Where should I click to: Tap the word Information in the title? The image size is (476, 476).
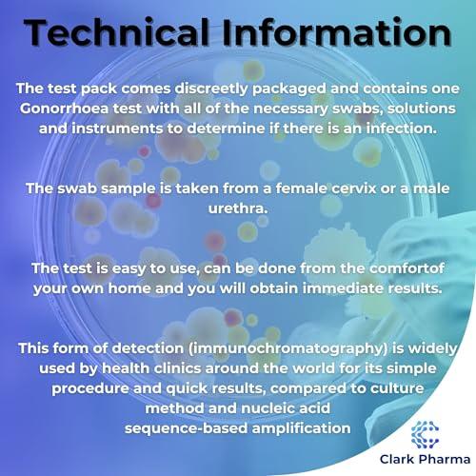343,32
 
